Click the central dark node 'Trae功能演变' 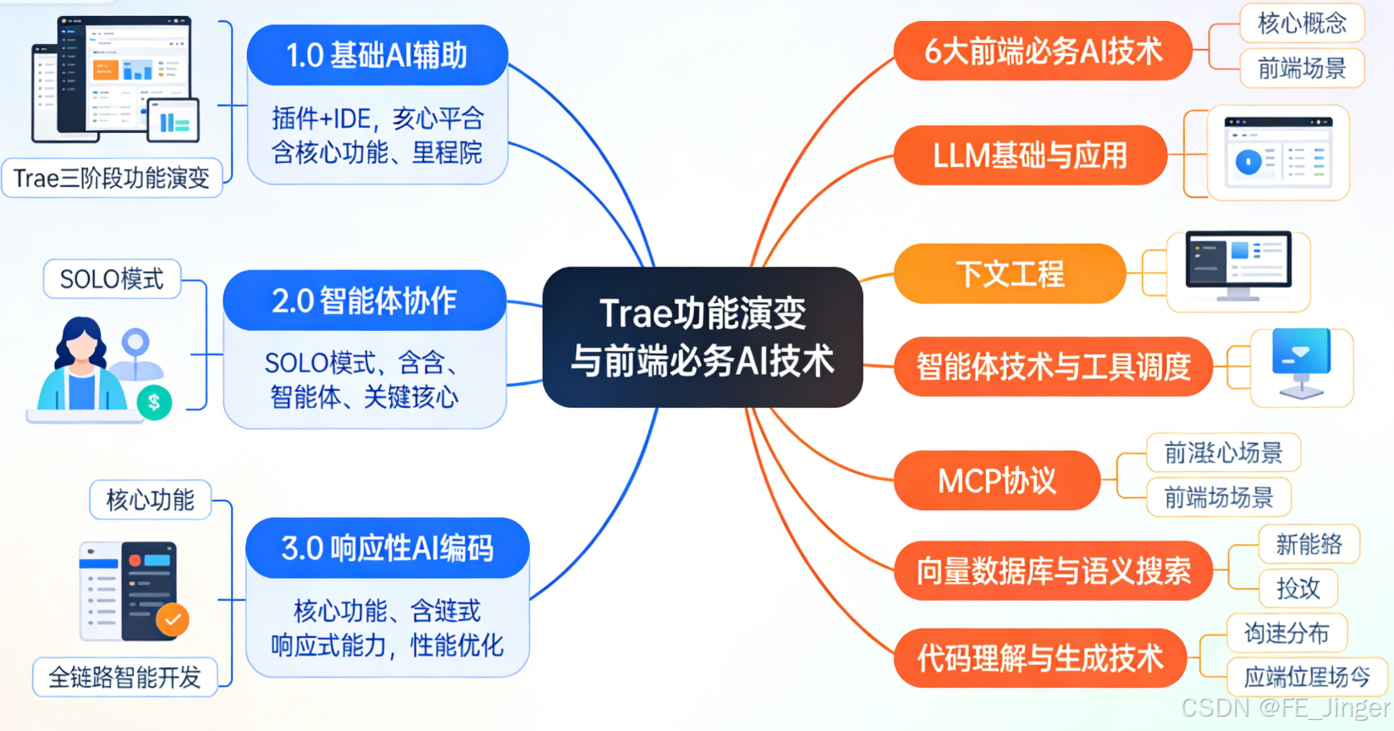click(x=702, y=337)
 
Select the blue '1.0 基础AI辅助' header click(x=377, y=56)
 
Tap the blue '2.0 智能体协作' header click(x=364, y=301)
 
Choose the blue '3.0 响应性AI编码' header click(x=387, y=548)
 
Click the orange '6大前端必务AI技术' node click(x=1043, y=52)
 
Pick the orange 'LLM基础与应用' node click(x=1030, y=156)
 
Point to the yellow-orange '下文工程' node click(x=1010, y=274)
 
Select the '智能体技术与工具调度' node click(x=1053, y=367)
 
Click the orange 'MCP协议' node click(x=996, y=481)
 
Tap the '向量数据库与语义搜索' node click(x=1053, y=571)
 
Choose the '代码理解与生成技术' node click(x=1040, y=658)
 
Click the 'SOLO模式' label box click(x=112, y=279)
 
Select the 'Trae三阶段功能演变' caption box click(x=112, y=179)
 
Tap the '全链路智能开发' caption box click(x=124, y=677)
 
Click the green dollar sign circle click(x=154, y=403)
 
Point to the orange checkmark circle click(x=173, y=620)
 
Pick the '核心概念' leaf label click(x=1302, y=23)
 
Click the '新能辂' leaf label click(x=1309, y=544)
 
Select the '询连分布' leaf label click(x=1286, y=633)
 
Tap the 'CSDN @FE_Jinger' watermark click(x=1285, y=707)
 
